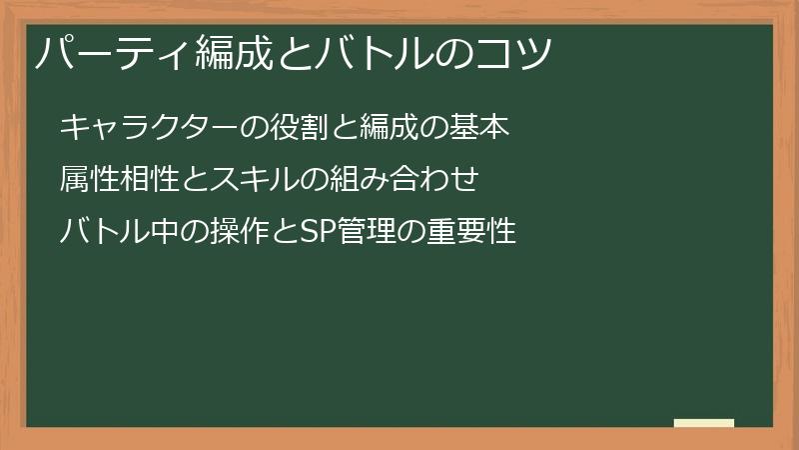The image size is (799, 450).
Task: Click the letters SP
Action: click(293, 233)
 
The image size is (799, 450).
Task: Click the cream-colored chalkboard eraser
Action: click(703, 423)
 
